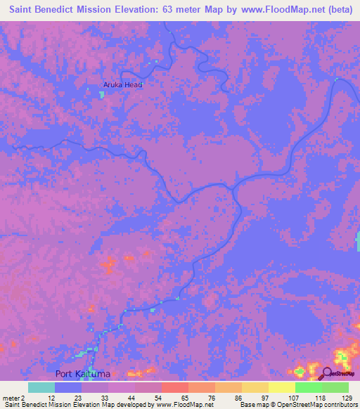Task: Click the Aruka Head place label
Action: tap(123, 85)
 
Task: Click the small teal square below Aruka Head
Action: tap(101, 94)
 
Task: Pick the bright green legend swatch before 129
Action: tap(335, 387)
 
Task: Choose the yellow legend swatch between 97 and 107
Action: tap(281, 387)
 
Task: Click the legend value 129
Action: tap(347, 397)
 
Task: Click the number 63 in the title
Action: tap(169, 11)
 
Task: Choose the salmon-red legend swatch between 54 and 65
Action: tap(174, 387)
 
